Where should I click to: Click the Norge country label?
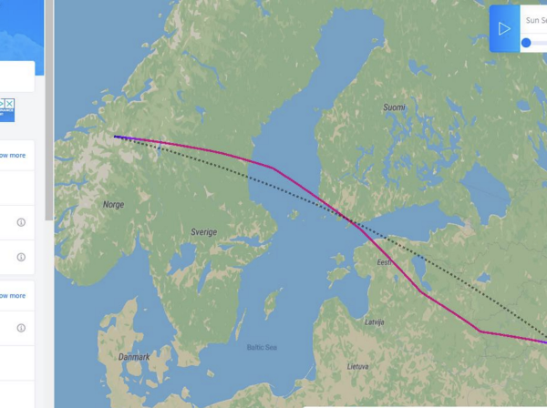(113, 205)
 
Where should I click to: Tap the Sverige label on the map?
(203, 232)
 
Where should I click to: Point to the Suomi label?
(394, 107)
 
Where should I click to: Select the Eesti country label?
(384, 262)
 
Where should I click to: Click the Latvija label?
(375, 322)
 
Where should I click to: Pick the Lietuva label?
(358, 366)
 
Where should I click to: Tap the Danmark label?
(133, 357)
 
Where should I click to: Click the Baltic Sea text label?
(261, 347)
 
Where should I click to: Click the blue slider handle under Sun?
(526, 43)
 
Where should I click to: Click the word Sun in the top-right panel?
(533, 19)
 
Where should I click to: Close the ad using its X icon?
(9, 105)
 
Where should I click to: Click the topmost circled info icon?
(21, 222)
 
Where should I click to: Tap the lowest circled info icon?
(21, 328)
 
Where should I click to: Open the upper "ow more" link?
(12, 156)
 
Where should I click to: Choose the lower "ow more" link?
(12, 296)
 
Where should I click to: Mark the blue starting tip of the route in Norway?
(118, 138)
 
